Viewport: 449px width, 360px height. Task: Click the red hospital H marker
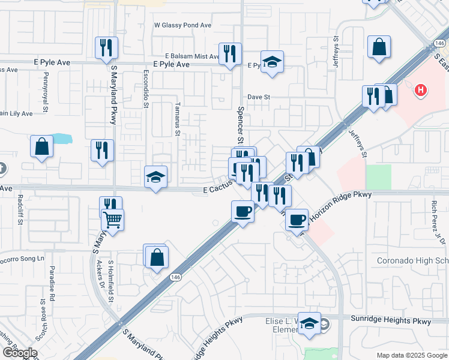pyautogui.click(x=421, y=91)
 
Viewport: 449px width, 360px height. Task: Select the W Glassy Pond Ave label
pyautogui.click(x=183, y=25)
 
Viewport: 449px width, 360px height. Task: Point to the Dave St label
pyautogui.click(x=259, y=97)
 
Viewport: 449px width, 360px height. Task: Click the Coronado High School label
pyautogui.click(x=412, y=261)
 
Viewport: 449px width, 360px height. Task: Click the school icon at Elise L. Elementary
pyautogui.click(x=310, y=324)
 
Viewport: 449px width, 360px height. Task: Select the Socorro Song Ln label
pyautogui.click(x=23, y=259)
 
